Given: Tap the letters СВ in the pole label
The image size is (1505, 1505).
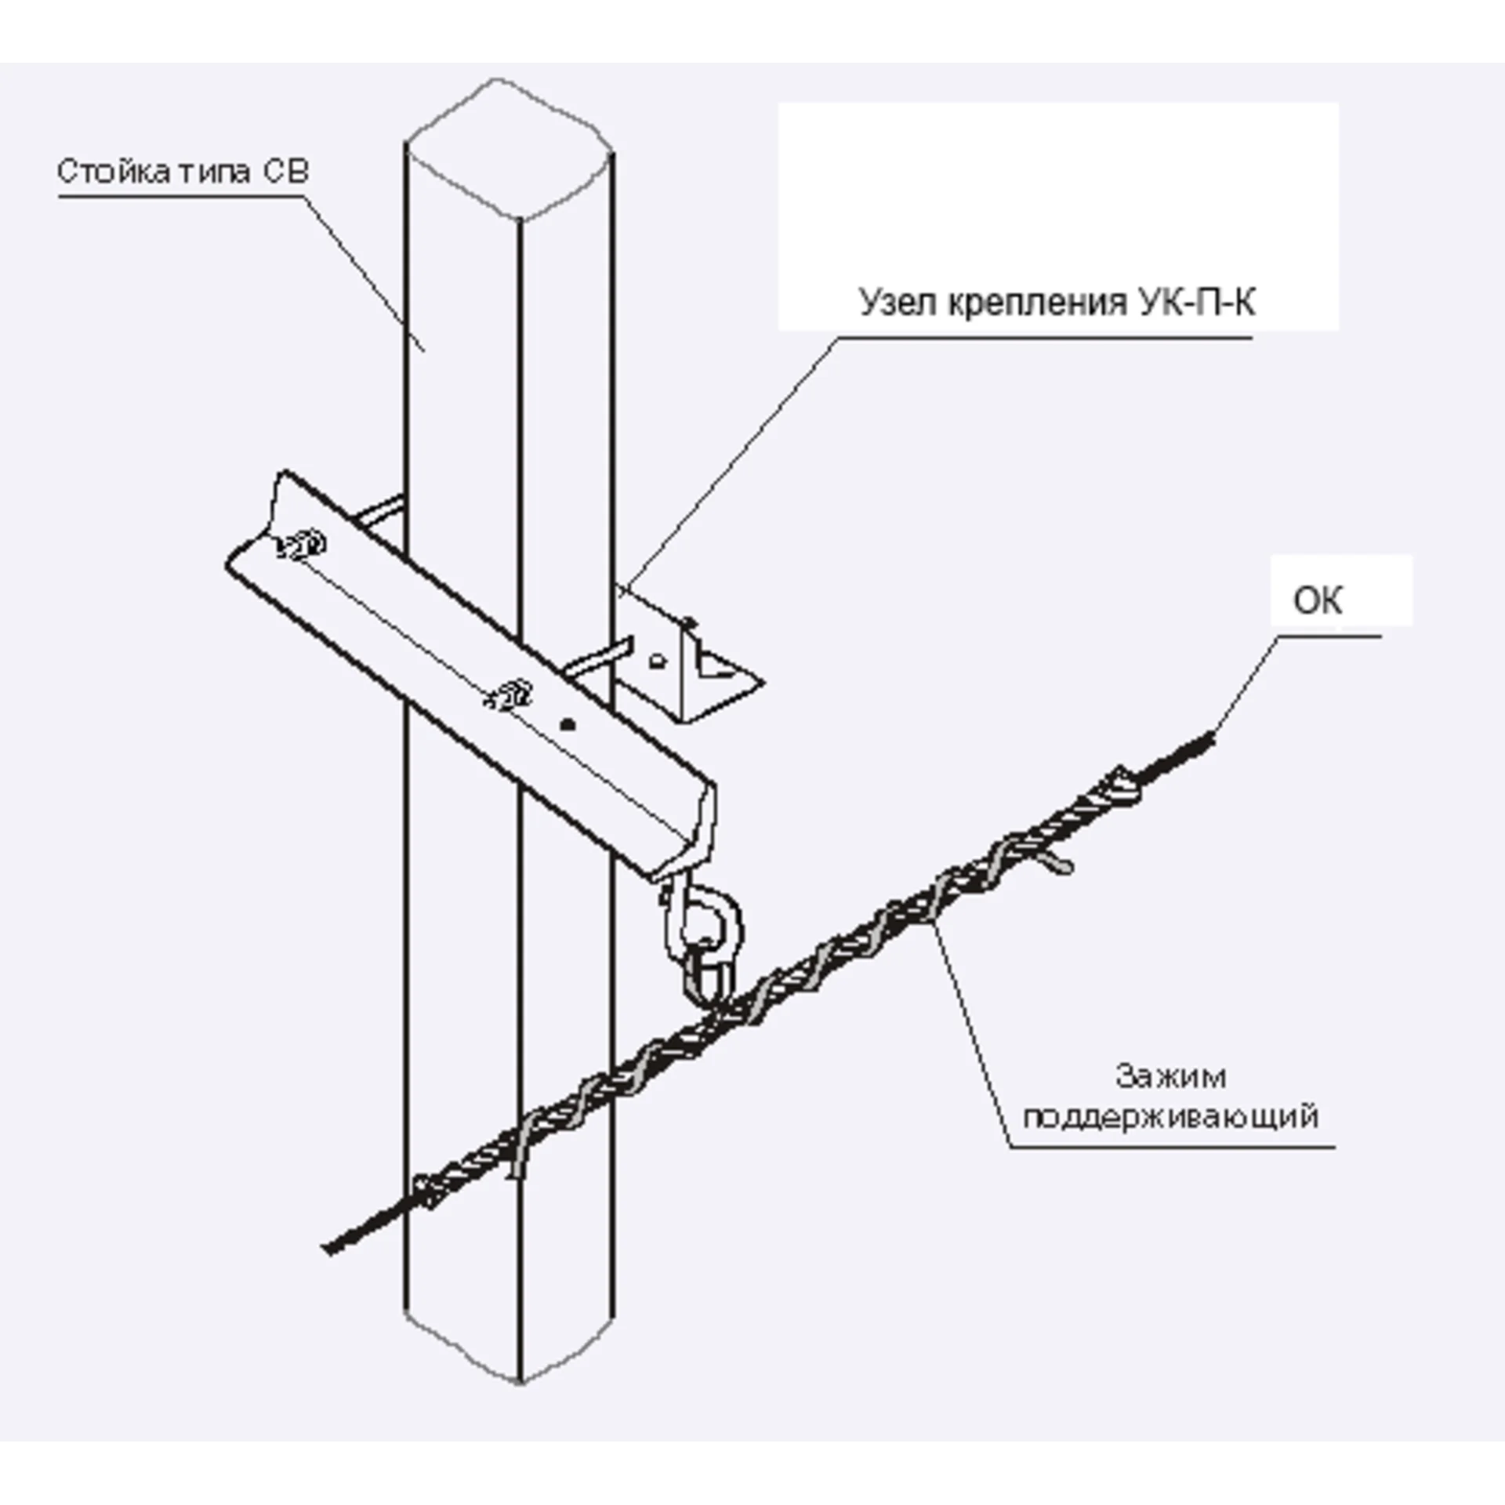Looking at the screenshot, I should tap(285, 171).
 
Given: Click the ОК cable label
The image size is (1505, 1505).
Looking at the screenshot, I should tap(1317, 601).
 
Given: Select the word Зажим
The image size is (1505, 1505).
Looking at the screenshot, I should tap(1170, 1077).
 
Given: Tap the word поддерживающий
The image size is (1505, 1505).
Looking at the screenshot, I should tap(1170, 1116).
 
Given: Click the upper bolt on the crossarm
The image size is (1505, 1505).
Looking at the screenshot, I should tap(303, 545).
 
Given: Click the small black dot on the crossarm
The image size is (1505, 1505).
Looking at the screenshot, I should tap(570, 724).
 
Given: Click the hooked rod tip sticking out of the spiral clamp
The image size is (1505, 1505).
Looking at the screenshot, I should tap(1061, 865).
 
